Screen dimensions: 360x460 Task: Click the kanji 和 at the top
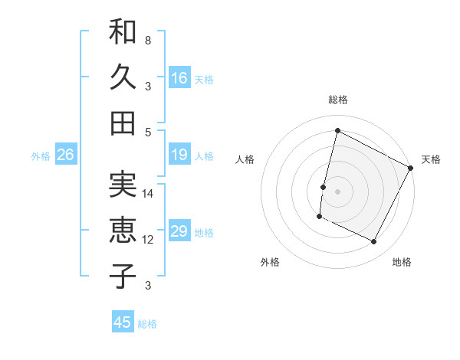point(123,32)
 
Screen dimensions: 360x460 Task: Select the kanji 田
point(123,122)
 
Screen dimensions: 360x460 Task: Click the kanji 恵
point(123,230)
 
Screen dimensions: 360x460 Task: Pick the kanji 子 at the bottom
point(123,275)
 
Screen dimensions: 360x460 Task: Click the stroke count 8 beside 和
point(148,40)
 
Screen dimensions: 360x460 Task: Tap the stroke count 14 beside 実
point(148,194)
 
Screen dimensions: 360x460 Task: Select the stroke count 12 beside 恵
point(148,240)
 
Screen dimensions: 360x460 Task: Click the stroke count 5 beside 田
point(148,131)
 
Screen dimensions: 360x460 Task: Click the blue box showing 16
point(179,77)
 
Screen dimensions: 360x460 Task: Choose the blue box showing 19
point(179,155)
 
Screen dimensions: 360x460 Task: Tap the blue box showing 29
point(179,231)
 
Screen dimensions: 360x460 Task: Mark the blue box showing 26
point(65,155)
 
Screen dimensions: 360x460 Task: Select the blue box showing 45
point(123,322)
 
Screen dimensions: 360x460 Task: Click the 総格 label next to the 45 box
point(147,324)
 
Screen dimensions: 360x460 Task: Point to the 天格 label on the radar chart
point(431,159)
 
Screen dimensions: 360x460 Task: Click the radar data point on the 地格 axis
point(374,242)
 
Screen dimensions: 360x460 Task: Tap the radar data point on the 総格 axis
point(337,131)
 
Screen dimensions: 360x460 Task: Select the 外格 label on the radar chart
point(270,263)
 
